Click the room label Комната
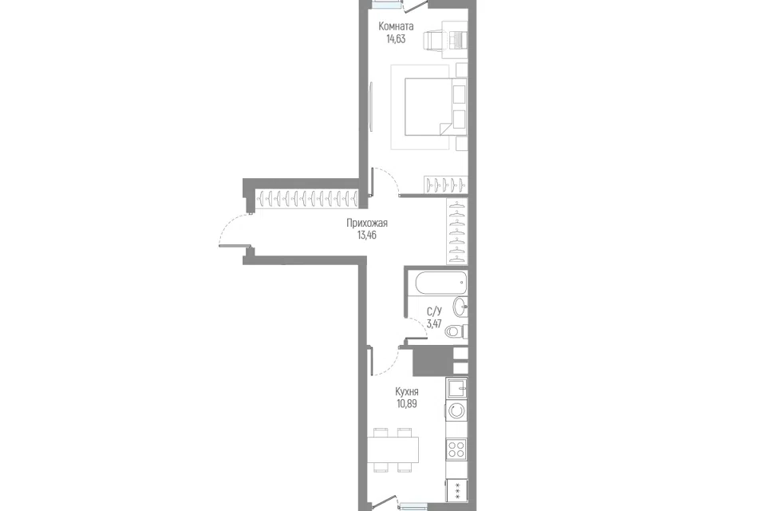[396, 26]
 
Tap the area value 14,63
[396, 39]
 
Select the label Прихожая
[367, 223]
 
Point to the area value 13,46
[367, 236]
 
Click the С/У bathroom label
[434, 311]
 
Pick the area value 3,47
[434, 323]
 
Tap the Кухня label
[406, 392]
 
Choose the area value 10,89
[406, 404]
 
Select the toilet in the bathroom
[456, 331]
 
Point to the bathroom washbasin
[460, 307]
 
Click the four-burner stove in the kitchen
[456, 449]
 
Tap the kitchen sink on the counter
[456, 389]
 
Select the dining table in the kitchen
[393, 450]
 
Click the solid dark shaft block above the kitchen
[432, 361]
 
